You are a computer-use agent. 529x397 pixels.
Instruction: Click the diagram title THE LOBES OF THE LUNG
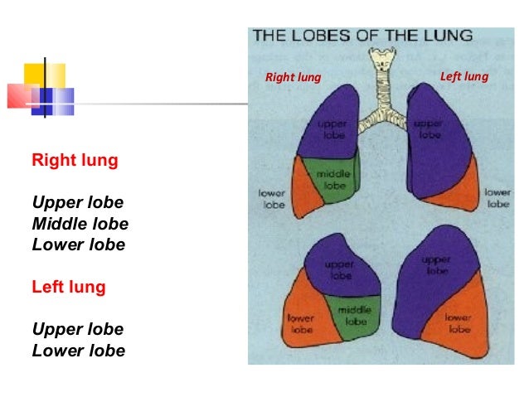click(362, 36)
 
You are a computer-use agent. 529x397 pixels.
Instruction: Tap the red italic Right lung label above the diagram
click(293, 78)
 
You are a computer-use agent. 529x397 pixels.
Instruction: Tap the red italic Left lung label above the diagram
click(464, 77)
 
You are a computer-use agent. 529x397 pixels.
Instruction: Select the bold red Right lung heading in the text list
click(75, 159)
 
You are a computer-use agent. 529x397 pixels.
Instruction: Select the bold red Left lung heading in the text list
click(69, 288)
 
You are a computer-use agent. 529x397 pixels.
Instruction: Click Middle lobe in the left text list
click(80, 224)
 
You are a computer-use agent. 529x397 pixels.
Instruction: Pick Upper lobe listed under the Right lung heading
click(77, 202)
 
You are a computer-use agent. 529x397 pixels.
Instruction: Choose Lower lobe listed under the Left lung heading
click(78, 351)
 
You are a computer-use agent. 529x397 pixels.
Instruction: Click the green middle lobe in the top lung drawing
click(332, 178)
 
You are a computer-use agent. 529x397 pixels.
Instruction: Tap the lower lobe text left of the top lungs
click(274, 199)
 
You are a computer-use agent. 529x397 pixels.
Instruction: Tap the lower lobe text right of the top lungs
click(497, 197)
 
